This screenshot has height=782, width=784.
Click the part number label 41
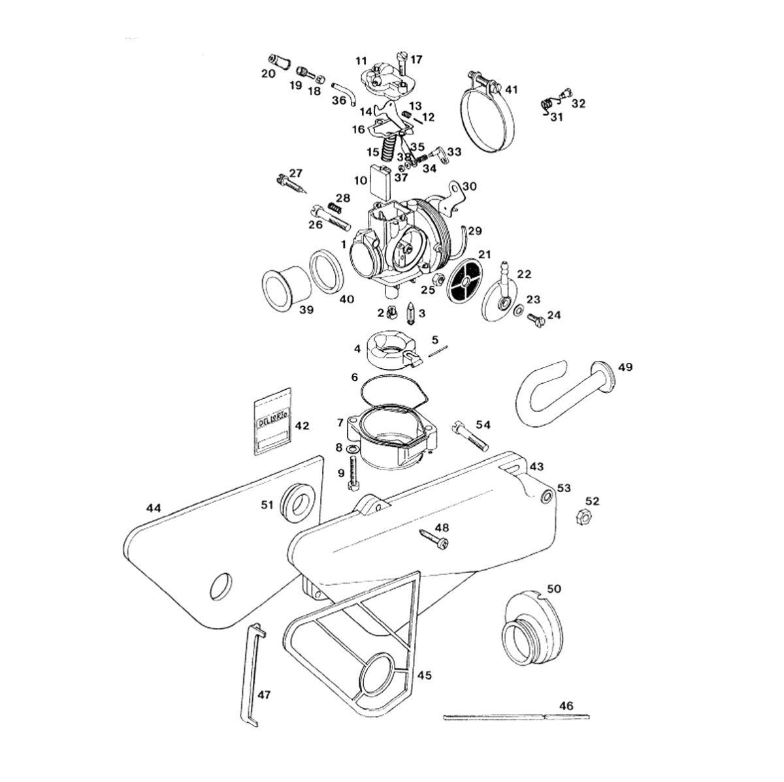click(x=512, y=89)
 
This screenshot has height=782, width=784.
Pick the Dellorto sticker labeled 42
click(x=274, y=424)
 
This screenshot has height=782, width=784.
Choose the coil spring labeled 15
click(x=389, y=151)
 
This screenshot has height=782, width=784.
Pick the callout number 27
click(x=296, y=173)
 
